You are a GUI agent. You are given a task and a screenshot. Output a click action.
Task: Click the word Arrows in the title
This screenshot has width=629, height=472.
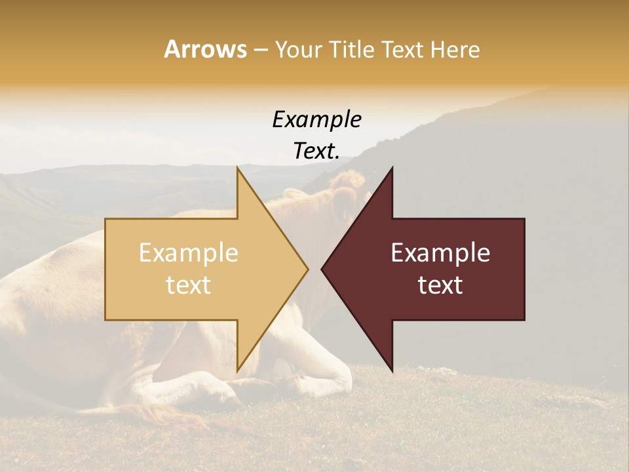pyautogui.click(x=205, y=49)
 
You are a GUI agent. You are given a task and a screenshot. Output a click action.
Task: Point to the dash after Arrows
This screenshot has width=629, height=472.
pyautogui.click(x=260, y=50)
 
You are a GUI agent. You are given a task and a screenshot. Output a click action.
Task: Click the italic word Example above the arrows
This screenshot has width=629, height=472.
pyautogui.click(x=316, y=119)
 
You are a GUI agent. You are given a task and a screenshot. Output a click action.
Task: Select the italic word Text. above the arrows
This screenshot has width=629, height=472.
pyautogui.click(x=316, y=151)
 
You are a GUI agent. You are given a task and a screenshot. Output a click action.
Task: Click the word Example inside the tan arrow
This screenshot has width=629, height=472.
pyautogui.click(x=188, y=253)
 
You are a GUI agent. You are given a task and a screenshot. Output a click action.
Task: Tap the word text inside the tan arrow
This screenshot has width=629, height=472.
pyautogui.click(x=188, y=285)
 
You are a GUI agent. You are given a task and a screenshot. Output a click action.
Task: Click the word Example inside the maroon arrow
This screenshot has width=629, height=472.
pyautogui.click(x=440, y=253)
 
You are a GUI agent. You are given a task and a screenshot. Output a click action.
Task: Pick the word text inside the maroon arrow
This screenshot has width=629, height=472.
pyautogui.click(x=440, y=285)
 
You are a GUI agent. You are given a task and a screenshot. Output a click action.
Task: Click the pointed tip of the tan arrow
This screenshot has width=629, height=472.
pyautogui.click(x=307, y=269)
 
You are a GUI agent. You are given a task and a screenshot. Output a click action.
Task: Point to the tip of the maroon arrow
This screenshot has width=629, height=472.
pyautogui.click(x=322, y=269)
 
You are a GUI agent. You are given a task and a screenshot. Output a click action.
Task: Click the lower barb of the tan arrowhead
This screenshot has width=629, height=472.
pyautogui.click(x=238, y=368)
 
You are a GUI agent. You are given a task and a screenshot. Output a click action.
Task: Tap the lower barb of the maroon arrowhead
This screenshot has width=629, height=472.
pyautogui.click(x=391, y=368)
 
